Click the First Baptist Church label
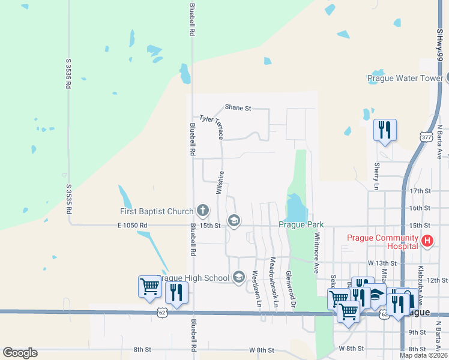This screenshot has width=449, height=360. click(155, 211)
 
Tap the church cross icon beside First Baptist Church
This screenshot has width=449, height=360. click(203, 211)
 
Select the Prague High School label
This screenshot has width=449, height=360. click(193, 277)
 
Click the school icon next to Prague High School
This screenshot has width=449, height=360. click(239, 277)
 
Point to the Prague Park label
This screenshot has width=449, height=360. click(301, 225)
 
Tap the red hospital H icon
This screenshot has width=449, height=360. click(427, 241)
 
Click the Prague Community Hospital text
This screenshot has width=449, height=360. click(382, 242)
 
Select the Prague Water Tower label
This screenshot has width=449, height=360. click(405, 78)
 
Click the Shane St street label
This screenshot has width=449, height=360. click(238, 107)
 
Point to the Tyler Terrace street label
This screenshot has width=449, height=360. click(211, 128)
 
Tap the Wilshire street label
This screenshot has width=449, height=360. click(220, 182)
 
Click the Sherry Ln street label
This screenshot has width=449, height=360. click(377, 176)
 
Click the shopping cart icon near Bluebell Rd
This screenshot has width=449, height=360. click(149, 286)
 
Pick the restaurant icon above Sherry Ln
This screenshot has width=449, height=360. click(384, 129)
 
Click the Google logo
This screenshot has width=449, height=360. click(20, 353)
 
